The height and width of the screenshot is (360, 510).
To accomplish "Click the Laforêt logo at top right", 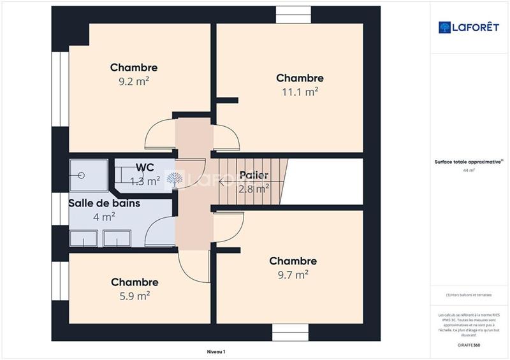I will point(468,27).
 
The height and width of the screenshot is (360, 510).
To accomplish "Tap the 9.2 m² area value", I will point(134,81).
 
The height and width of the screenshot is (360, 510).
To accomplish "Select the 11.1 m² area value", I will point(300,92).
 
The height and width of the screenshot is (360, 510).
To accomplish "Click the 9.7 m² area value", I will point(293,275).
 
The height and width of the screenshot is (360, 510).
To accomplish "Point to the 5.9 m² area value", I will point(135,296).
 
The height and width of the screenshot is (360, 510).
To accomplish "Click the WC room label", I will point(145,168).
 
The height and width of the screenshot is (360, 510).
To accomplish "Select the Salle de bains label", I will point(105,203).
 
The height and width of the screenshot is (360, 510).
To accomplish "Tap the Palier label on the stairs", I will point(254,175).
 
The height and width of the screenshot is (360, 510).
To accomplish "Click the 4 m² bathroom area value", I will point(105,217).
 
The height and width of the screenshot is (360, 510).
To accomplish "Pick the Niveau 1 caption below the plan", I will point(216,352).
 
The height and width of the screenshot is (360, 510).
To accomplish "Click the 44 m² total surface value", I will point(469,170).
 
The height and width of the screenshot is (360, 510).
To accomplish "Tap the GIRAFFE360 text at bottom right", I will point(469,345).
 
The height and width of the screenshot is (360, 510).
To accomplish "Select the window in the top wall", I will point(293,15).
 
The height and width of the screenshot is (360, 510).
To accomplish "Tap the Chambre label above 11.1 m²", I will point(300,78).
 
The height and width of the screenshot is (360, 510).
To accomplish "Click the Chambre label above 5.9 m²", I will point(135,282).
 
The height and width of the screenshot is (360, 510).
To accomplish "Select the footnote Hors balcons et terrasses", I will point(469,295).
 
